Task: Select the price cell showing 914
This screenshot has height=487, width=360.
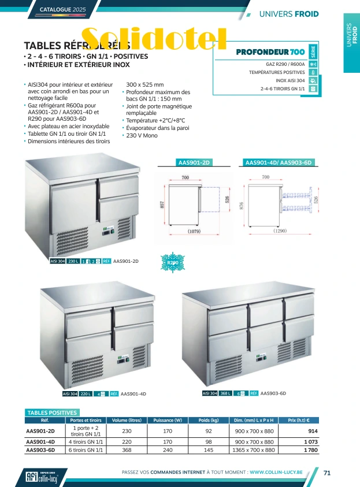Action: [x=313, y=431]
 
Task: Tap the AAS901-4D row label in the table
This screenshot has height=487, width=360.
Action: [x=40, y=441]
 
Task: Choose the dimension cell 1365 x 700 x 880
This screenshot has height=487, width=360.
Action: [x=254, y=450]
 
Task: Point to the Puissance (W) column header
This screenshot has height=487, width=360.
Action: [x=168, y=421]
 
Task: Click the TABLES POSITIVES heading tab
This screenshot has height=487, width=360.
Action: [x=52, y=412]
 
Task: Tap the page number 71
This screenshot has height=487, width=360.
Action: [x=327, y=473]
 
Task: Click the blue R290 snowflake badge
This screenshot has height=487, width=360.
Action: [x=172, y=263]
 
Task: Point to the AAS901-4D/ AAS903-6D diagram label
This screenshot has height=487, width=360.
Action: [x=279, y=163]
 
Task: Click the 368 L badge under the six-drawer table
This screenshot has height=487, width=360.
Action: [x=226, y=393]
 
